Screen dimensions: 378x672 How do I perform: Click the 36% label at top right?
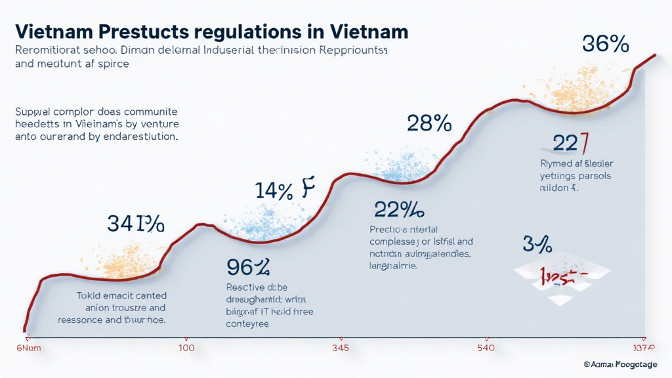click(605, 44)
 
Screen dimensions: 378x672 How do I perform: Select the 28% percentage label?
click(429, 123)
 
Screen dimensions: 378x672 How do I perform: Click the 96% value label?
click(248, 267)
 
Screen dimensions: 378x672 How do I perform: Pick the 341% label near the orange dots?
click(135, 224)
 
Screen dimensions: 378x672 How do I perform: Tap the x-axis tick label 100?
click(186, 348)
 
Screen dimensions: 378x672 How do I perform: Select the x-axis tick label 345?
click(340, 348)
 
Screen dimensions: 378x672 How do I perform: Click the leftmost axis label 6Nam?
click(28, 348)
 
